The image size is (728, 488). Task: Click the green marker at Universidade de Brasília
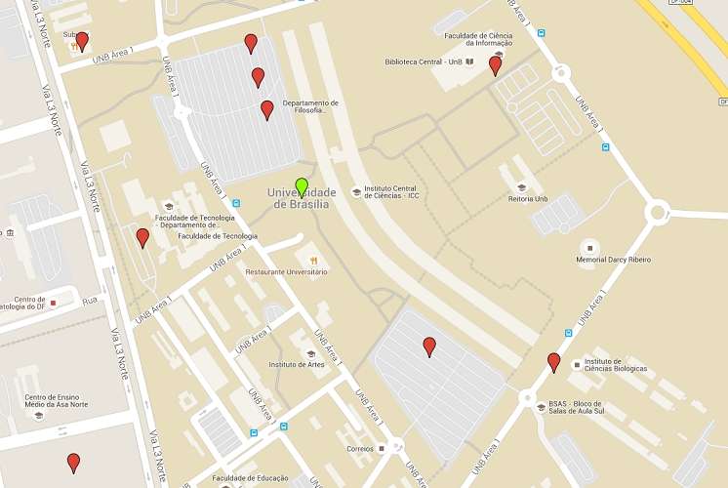[x=302, y=186]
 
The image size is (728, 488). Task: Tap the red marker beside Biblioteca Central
[x=495, y=65]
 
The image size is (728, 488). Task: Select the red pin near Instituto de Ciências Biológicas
[x=554, y=362]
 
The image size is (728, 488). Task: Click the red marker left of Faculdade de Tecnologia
[x=142, y=237]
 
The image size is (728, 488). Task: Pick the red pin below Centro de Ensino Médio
[x=73, y=463]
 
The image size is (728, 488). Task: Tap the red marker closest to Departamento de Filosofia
[x=266, y=110]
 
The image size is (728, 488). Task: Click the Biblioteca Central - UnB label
[x=423, y=61]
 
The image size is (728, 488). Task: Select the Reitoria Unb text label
[x=528, y=199]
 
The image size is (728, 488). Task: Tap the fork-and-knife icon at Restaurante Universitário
[x=313, y=261]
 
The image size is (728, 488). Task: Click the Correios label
[x=360, y=449]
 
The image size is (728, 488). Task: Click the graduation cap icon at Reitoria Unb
[x=521, y=186]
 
